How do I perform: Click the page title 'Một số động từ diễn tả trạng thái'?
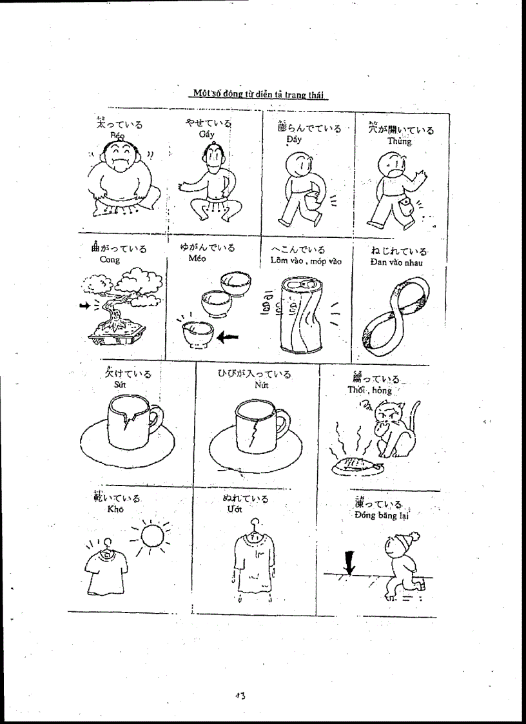click(x=259, y=94)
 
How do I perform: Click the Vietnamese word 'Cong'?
click(x=110, y=260)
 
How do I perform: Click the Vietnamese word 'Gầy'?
click(x=206, y=133)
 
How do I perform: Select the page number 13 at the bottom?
click(x=240, y=695)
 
